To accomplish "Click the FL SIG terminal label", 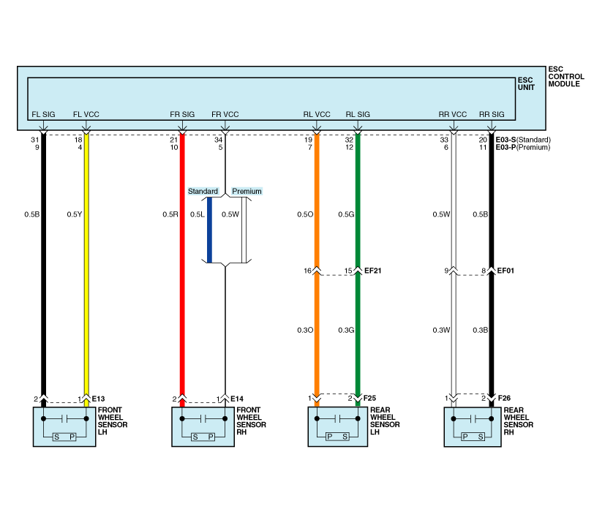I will (x=42, y=115).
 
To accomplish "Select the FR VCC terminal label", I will (x=225, y=115).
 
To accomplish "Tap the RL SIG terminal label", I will (x=358, y=115).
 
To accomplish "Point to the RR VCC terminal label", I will (x=453, y=115).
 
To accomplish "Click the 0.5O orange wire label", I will (x=304, y=214).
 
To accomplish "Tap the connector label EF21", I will (x=373, y=271).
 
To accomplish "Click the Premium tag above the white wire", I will (x=247, y=192).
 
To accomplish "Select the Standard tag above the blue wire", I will (x=203, y=192).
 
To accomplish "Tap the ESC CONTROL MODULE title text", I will (x=564, y=76).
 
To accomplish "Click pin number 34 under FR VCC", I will (x=218, y=139).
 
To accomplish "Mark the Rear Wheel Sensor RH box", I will (x=473, y=427).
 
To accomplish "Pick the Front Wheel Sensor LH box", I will (x=64, y=427).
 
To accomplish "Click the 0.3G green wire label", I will (x=346, y=331).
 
